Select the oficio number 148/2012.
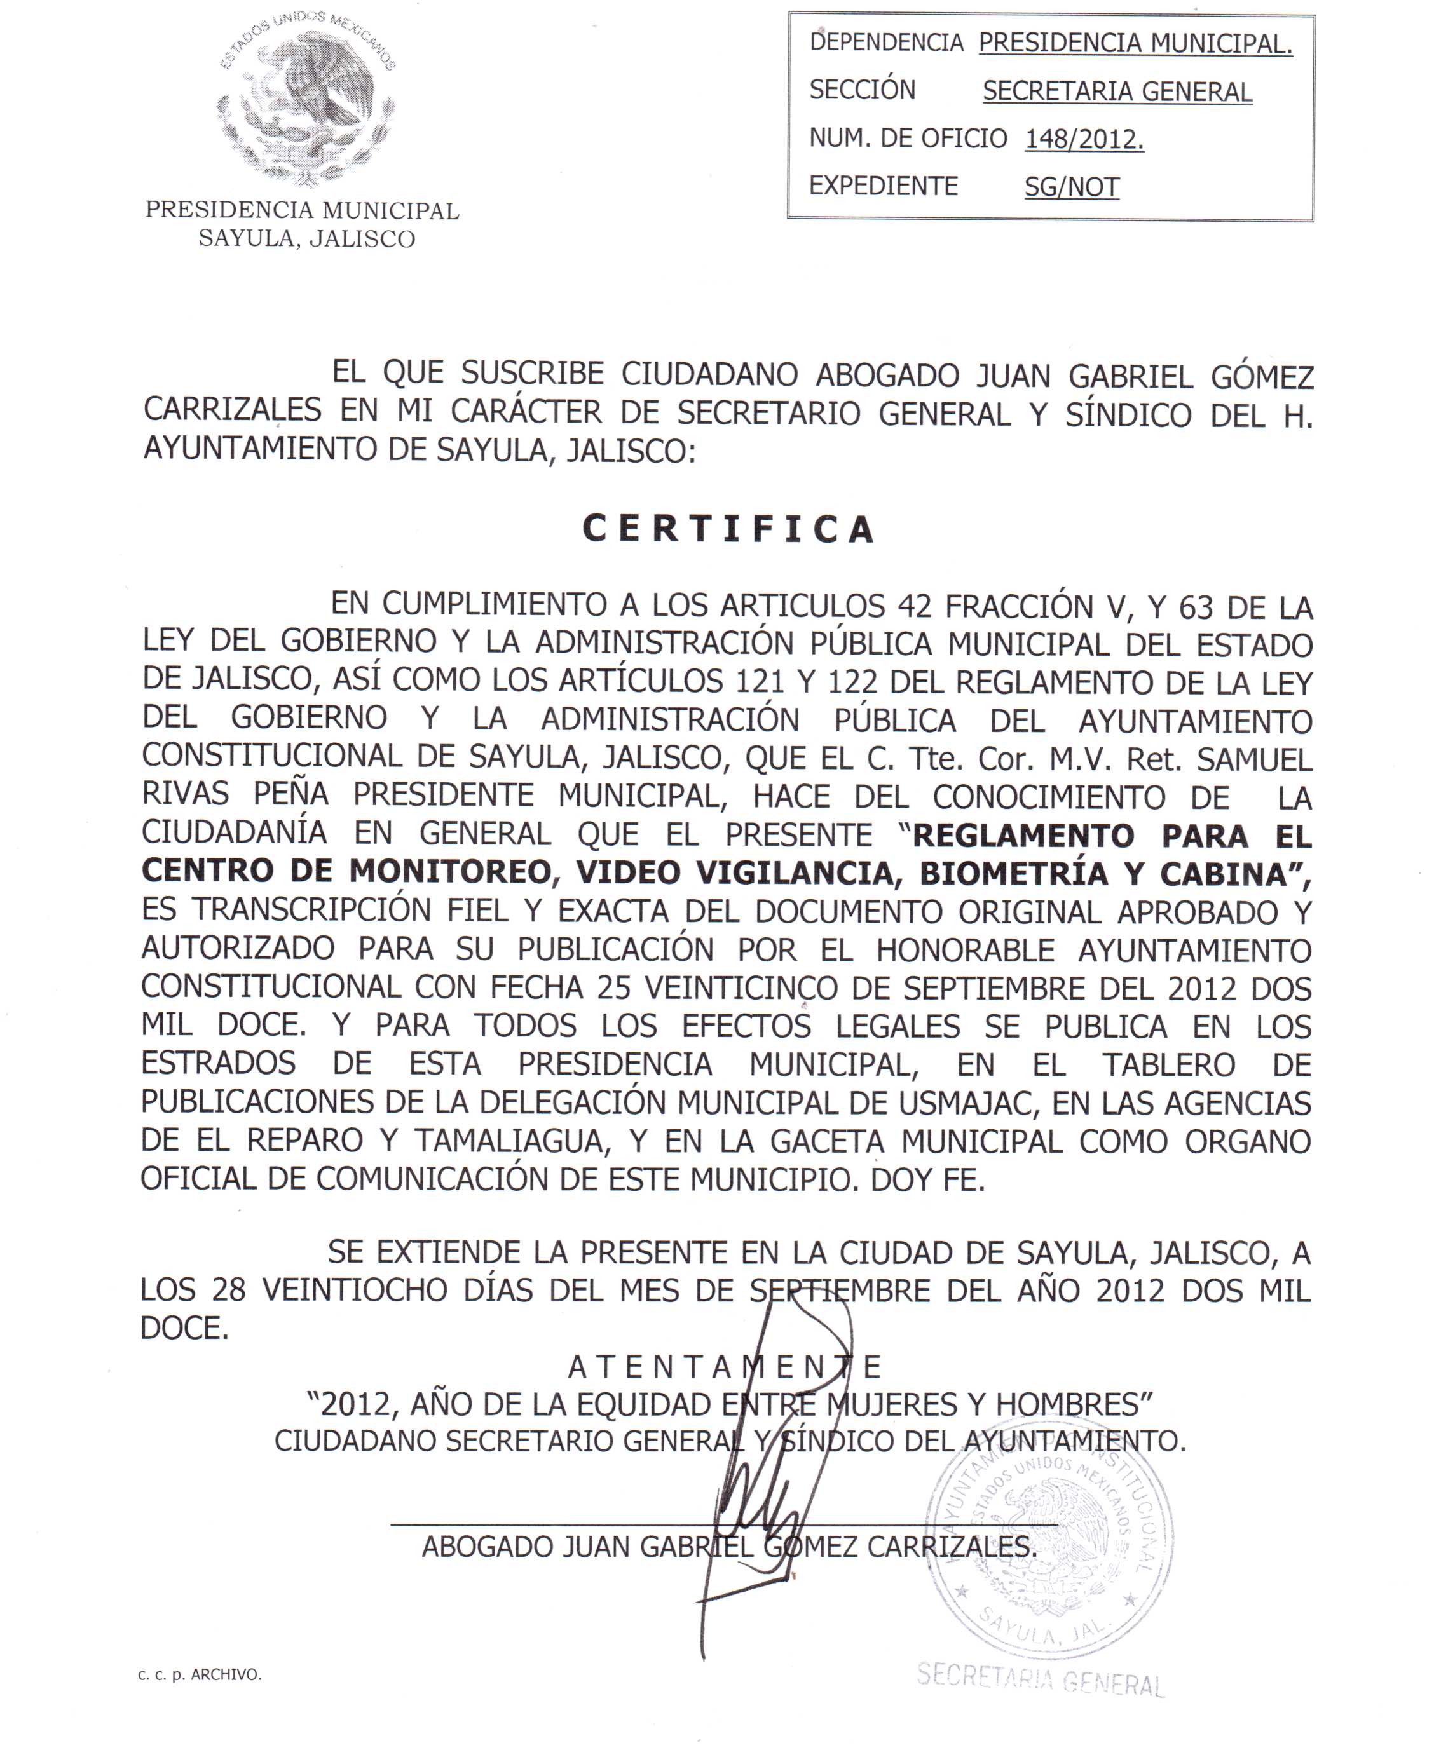click(1084, 140)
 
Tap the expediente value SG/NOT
click(1072, 187)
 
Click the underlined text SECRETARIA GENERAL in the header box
click(1117, 92)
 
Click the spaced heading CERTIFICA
click(728, 529)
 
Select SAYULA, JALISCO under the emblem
click(306, 239)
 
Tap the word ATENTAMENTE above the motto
click(725, 1367)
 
